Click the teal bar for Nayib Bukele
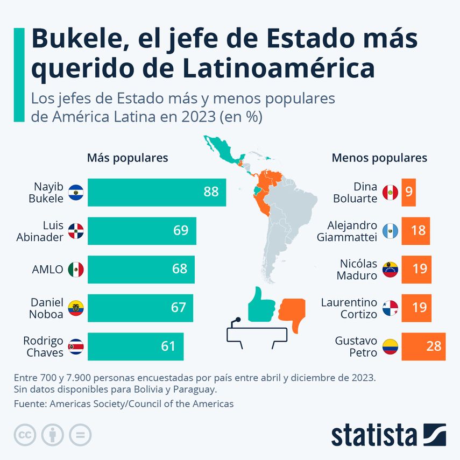click(x=156, y=193)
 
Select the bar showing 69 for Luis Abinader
click(x=141, y=231)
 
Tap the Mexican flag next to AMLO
click(x=76, y=270)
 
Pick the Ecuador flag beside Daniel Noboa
click(x=76, y=308)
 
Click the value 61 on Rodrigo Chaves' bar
click(x=168, y=346)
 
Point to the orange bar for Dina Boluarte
click(x=408, y=192)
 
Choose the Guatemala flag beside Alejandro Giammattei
click(x=390, y=231)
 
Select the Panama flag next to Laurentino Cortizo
click(x=390, y=308)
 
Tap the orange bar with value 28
click(x=423, y=346)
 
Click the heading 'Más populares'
click(x=128, y=158)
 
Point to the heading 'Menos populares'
click(x=379, y=158)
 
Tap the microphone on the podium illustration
click(x=236, y=321)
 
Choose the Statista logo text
click(x=374, y=435)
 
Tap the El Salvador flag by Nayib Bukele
click(x=76, y=192)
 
